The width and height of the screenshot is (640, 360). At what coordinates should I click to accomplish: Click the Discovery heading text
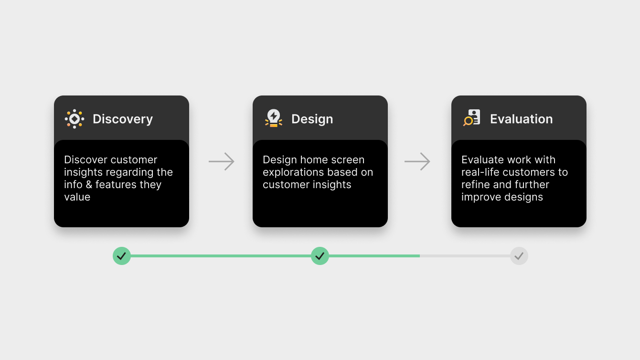[x=123, y=119]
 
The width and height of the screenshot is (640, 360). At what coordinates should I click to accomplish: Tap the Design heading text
[x=312, y=119]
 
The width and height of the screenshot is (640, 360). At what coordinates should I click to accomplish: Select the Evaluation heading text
[x=522, y=119]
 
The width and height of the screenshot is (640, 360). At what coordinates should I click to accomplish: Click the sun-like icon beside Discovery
[x=75, y=119]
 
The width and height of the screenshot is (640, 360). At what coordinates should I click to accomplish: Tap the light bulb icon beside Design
[x=274, y=118]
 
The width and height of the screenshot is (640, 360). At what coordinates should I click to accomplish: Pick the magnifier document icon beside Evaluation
[x=472, y=117]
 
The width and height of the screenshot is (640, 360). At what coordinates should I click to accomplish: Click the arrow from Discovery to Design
[x=222, y=161]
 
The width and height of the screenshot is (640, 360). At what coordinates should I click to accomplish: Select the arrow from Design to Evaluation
[x=417, y=161]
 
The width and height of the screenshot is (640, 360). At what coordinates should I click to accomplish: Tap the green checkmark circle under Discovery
[x=122, y=256]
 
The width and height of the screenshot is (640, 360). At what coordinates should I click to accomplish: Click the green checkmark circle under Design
[x=320, y=256]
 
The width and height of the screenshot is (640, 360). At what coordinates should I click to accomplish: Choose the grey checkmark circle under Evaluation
[x=519, y=256]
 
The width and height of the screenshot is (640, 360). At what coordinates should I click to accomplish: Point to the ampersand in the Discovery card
[x=89, y=185]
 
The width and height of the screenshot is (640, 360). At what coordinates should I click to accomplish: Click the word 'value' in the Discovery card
[x=77, y=197]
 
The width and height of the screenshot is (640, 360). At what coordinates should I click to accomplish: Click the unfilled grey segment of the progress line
[x=465, y=256]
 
